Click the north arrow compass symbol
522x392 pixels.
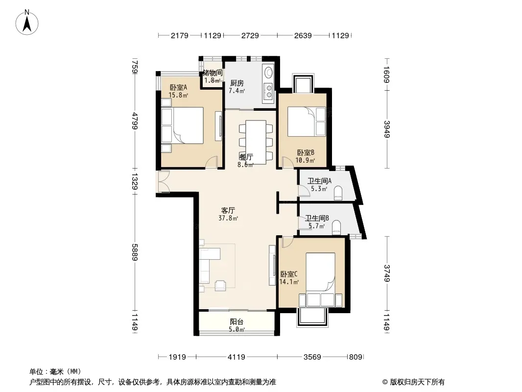tap(27, 22)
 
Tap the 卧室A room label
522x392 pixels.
tap(178, 87)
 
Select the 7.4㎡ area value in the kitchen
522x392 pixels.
tap(237, 91)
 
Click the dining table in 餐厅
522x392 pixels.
tap(256, 142)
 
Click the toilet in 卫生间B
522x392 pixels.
tap(336, 226)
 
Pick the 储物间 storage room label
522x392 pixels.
tap(213, 73)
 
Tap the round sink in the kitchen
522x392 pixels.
tap(268, 73)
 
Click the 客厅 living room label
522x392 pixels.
tap(228, 210)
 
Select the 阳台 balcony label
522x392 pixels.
tap(237, 321)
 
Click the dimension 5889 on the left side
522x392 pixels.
tap(135, 252)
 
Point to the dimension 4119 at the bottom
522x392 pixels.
tap(237, 357)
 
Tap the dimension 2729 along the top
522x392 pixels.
tap(250, 35)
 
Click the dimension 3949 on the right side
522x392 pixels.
tap(386, 129)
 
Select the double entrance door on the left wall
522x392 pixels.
tap(163, 181)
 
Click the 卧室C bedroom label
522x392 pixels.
tap(288, 274)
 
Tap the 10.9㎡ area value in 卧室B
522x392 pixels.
tap(305, 160)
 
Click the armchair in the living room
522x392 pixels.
tap(220, 285)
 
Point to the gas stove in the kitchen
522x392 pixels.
tap(268, 91)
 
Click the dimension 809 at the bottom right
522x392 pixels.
tap(355, 357)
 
